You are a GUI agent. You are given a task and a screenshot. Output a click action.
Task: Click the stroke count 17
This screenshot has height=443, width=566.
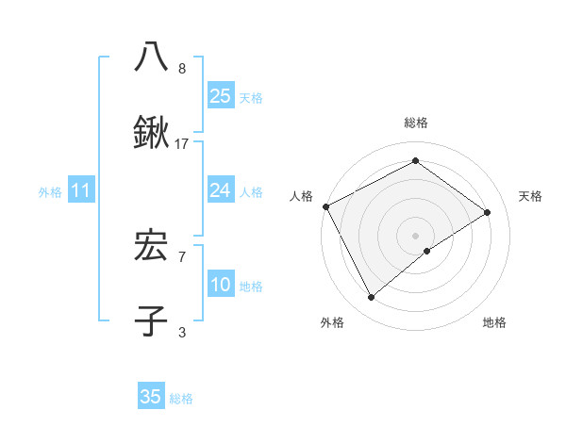[x=182, y=144]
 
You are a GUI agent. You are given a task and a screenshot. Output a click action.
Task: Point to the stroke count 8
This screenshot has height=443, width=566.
[x=182, y=68]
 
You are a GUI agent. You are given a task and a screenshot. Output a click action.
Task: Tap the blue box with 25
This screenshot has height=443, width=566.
[x=221, y=95]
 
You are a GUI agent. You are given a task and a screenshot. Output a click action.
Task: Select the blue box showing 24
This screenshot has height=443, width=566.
[x=221, y=190]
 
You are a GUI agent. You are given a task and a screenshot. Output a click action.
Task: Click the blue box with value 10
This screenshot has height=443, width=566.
[x=221, y=285]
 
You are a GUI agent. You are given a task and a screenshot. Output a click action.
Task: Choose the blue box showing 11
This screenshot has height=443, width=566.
[x=81, y=191]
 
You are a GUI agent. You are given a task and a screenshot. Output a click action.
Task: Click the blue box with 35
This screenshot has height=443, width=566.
[x=151, y=397]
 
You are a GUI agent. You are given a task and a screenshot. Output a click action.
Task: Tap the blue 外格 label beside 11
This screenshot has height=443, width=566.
[x=50, y=192]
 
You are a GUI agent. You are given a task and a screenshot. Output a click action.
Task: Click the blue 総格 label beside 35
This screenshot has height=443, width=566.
[x=181, y=399]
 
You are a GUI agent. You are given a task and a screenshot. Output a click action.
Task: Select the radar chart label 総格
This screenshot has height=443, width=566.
[x=415, y=123]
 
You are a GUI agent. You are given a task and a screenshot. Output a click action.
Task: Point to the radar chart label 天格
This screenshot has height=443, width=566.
[x=530, y=196]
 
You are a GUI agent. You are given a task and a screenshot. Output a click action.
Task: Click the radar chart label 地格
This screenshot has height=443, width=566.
[x=494, y=322]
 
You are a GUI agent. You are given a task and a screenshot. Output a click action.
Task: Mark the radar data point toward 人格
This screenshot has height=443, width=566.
[x=325, y=206]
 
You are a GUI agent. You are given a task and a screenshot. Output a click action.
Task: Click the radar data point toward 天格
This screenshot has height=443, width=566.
[x=488, y=212]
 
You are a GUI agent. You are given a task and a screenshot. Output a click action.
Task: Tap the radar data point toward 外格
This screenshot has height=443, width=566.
[x=372, y=298]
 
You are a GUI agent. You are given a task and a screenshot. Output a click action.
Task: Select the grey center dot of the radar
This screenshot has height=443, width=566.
[x=415, y=235]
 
